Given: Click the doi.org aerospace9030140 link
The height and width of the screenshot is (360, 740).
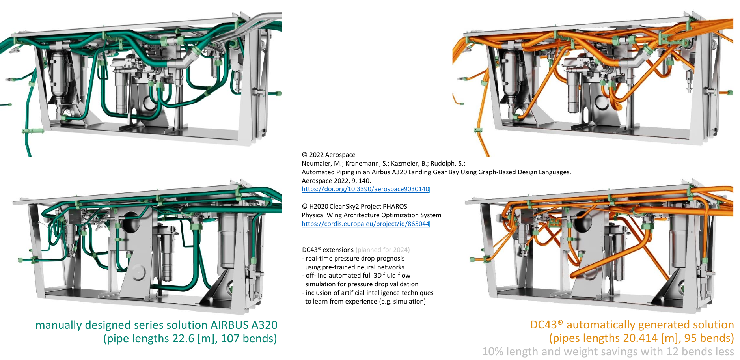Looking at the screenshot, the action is tap(365, 189).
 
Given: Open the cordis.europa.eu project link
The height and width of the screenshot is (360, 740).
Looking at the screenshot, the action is tap(365, 224).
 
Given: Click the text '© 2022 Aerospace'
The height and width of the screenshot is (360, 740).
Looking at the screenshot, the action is tap(328, 155).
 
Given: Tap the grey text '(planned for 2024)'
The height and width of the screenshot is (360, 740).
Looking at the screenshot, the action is tap(382, 250).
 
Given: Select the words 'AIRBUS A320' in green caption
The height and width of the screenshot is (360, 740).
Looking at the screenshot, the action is tap(244, 325).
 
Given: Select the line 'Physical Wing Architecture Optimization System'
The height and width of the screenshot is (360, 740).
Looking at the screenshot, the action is tap(371, 215).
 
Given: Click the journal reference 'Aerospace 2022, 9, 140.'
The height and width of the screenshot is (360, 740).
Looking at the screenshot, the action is tap(336, 181).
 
